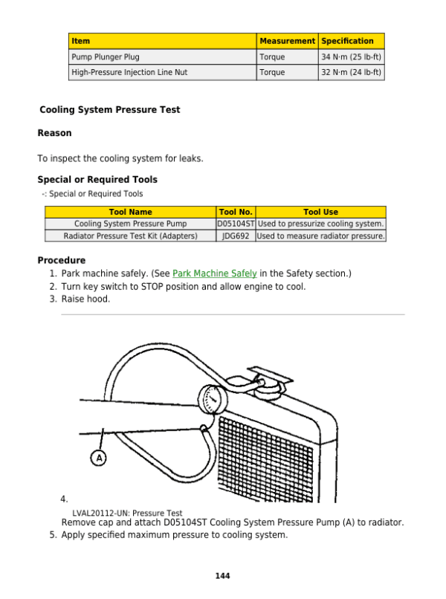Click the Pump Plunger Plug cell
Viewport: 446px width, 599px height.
[x=106, y=56]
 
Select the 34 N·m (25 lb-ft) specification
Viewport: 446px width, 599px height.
[x=351, y=56]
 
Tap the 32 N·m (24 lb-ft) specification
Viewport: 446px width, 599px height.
[x=351, y=72]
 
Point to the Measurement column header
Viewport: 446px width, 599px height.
[x=287, y=41]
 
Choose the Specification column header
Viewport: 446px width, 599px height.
[x=347, y=41]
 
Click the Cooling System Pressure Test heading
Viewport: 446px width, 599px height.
[x=109, y=110]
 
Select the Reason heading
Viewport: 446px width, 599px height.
[x=54, y=133]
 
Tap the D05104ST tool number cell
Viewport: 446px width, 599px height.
[x=236, y=224]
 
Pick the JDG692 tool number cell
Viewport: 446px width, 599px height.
[x=236, y=236]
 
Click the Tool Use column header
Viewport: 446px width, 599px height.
[x=320, y=212]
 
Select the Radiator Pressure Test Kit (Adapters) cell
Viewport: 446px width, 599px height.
[x=130, y=236]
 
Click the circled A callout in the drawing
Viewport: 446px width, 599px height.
[x=99, y=457]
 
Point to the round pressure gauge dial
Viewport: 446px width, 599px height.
[x=213, y=401]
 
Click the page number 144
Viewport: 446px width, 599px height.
[x=222, y=576]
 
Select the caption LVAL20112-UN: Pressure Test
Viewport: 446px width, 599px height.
[x=127, y=513]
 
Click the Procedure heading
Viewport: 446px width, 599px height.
[x=61, y=261]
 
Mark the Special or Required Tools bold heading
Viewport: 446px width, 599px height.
[x=97, y=180]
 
